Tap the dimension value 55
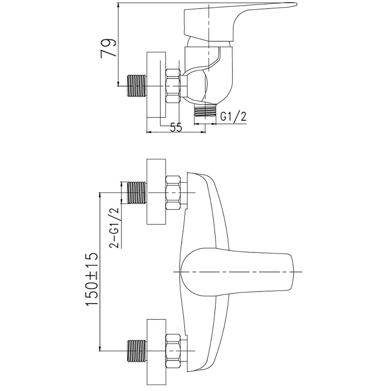[176, 127]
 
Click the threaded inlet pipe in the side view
[136, 86]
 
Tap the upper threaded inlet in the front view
[136, 192]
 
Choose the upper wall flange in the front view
[156, 192]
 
